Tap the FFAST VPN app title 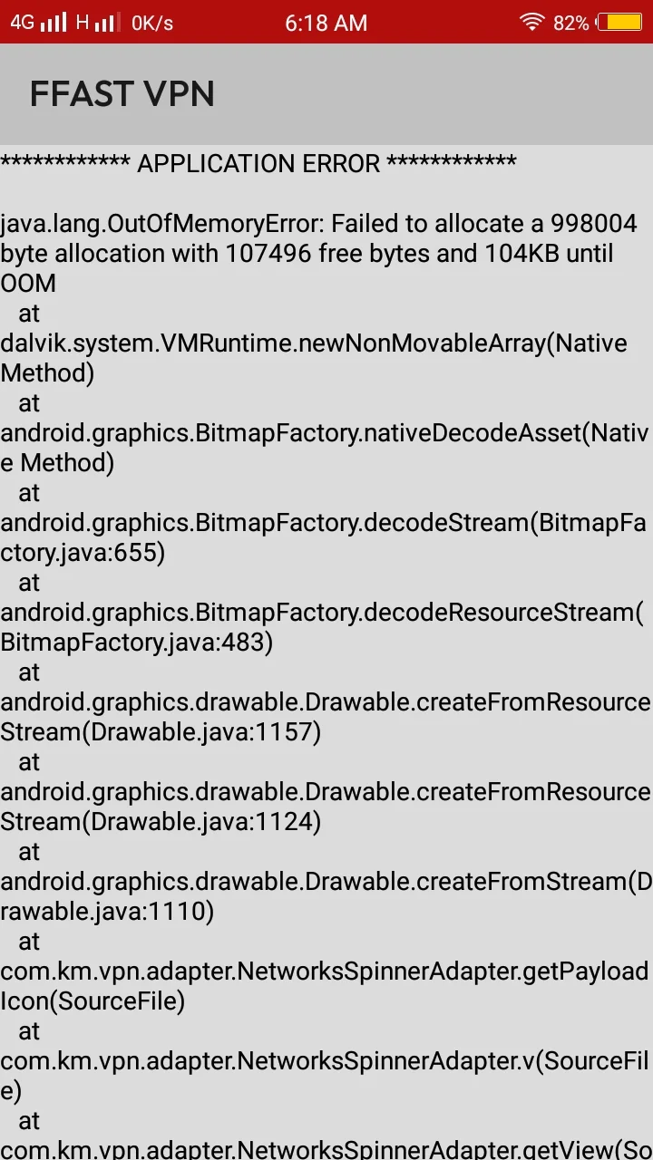[x=122, y=93]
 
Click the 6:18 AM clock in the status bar [x=326, y=23]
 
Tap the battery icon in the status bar [x=619, y=23]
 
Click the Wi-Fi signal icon [x=531, y=23]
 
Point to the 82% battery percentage [x=570, y=24]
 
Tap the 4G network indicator [x=23, y=23]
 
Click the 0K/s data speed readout [x=151, y=24]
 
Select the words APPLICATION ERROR [x=258, y=164]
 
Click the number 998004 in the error [x=593, y=223]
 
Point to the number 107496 [x=268, y=253]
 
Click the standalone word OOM [x=28, y=284]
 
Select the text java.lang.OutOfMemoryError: [x=162, y=224]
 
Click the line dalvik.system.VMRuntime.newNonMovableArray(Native [x=314, y=343]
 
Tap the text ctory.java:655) [x=83, y=553]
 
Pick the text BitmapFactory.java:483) [x=136, y=643]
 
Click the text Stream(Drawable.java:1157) [x=161, y=731]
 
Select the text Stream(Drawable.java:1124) [x=161, y=821]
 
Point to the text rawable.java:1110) [x=107, y=912]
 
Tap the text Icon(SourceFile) [x=93, y=1001]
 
